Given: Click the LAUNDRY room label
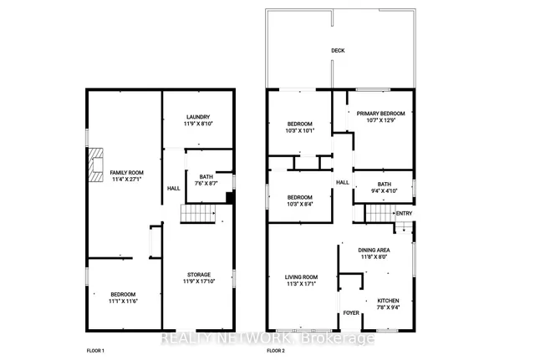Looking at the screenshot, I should pos(198,117).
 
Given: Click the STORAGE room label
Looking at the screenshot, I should pos(198,275).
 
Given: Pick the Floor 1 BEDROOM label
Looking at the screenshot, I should pos(123,294).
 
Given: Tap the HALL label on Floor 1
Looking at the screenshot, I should pos(174,189).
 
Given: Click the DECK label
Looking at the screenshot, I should pos(338,51).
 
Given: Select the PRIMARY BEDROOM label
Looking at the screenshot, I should pos(380,114).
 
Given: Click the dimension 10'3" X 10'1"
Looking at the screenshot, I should pos(301,130).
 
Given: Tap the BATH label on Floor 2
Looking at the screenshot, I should pos(384,185).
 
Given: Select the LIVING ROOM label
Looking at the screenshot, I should pos(301,277).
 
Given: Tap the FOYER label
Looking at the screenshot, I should pos(350,314).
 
